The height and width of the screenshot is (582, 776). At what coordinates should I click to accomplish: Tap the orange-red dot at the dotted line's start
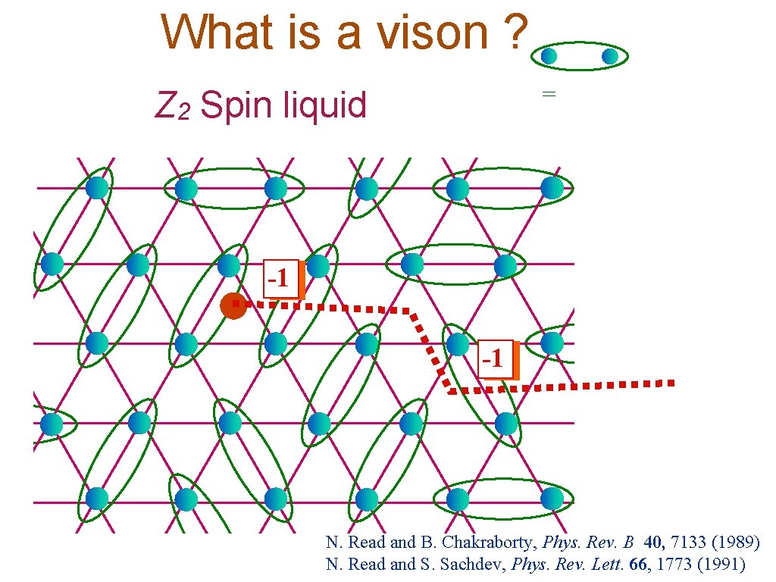click(x=233, y=305)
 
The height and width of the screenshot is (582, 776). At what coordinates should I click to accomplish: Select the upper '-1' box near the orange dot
click(x=280, y=279)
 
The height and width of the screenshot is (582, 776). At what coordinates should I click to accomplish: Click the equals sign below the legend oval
click(x=549, y=94)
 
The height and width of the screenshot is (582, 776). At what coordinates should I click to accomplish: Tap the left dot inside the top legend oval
click(x=549, y=56)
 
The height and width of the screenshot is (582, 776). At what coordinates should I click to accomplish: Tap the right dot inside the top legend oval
click(x=610, y=56)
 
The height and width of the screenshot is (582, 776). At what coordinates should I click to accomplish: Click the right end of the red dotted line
click(x=670, y=383)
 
